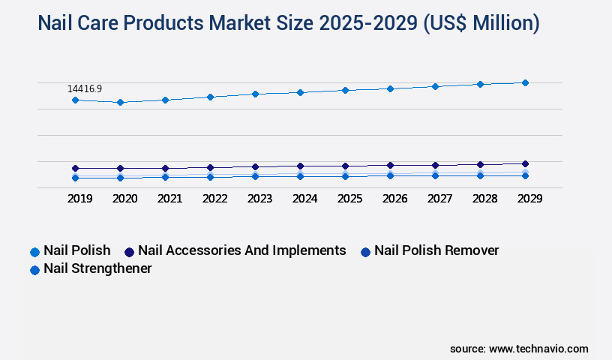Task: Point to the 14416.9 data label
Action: [85, 88]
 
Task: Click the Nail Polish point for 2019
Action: [75, 100]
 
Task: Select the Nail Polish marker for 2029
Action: [525, 82]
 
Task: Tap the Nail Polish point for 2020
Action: [120, 102]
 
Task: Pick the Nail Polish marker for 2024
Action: [300, 92]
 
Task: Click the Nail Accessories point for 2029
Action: [525, 163]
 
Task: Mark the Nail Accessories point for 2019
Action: [75, 168]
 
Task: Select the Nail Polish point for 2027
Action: [435, 86]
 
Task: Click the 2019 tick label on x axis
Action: [79, 199]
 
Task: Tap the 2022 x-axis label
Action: [214, 199]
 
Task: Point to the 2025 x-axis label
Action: [349, 199]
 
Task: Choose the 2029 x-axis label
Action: [529, 199]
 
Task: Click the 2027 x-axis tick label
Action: [439, 199]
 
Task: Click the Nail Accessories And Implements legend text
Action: [241, 250]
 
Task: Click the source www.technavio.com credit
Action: [519, 349]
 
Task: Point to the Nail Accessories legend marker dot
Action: [129, 252]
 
